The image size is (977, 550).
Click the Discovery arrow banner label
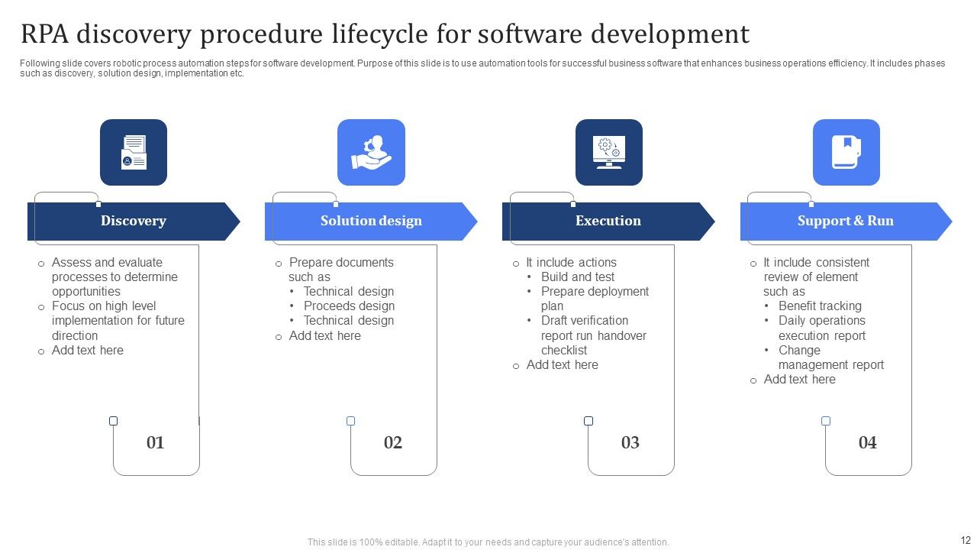(134, 221)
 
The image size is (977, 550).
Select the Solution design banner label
(371, 221)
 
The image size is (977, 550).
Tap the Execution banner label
(608, 221)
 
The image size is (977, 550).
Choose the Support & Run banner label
(845, 221)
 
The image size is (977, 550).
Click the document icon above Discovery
(134, 152)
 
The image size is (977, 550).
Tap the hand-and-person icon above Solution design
(371, 152)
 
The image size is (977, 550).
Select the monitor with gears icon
(608, 152)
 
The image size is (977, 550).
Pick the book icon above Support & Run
(846, 152)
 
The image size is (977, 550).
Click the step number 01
(155, 442)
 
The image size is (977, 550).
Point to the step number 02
(392, 442)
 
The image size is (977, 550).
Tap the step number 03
(630, 442)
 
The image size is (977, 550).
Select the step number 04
(867, 442)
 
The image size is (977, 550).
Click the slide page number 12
(965, 539)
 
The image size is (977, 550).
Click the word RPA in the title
(46, 34)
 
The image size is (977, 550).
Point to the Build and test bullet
(578, 277)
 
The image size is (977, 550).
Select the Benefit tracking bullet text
(820, 306)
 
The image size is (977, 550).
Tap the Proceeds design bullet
(349, 306)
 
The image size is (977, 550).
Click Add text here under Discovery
(87, 350)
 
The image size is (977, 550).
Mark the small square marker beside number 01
(114, 421)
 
